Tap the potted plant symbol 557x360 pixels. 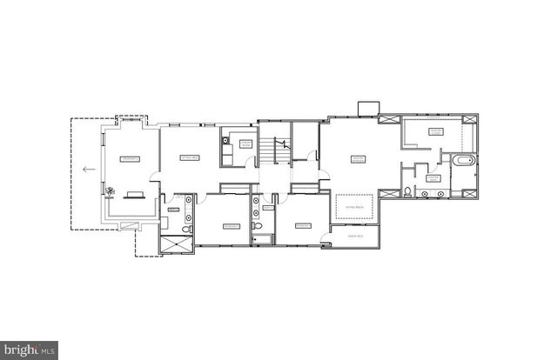coord(110,190)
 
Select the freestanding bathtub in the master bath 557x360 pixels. coord(461,161)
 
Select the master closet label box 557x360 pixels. coord(435,131)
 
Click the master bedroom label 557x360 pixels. coord(357,159)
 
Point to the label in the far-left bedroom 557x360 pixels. coord(130,159)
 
